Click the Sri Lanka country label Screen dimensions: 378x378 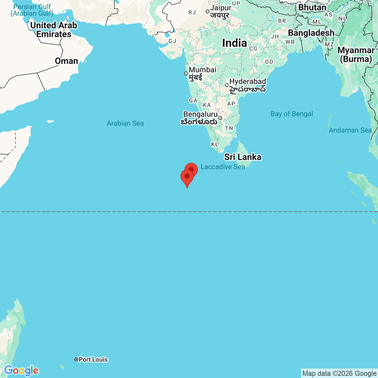243,157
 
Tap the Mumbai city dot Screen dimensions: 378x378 186,73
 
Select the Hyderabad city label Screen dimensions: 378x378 248,82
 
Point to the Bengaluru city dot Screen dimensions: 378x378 220,118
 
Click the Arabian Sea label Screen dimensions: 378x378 125,123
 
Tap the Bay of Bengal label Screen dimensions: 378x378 292,114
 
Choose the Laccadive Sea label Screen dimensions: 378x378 223,167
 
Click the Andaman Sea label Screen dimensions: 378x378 350,130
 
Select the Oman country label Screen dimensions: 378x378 66,61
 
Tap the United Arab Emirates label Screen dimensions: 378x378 54,30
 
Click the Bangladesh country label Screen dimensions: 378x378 311,33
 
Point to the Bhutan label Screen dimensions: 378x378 312,7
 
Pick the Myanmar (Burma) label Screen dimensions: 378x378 356,54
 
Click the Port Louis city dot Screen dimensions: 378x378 76,359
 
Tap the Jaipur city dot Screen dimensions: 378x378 207,11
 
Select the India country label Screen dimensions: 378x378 234,43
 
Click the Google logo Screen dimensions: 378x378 21,371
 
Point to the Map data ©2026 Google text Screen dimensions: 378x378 339,374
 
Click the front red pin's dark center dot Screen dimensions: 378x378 187,176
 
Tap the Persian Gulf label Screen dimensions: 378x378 32,10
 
